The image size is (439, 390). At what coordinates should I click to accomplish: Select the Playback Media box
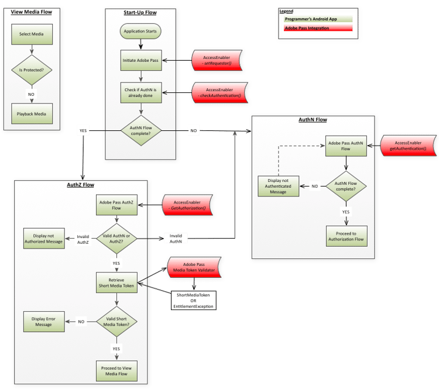(32, 113)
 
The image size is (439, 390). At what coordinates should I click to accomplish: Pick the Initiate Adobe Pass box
(140, 60)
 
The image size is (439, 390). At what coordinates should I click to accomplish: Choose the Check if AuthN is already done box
(140, 92)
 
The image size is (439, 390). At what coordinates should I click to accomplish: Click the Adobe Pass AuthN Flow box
(347, 146)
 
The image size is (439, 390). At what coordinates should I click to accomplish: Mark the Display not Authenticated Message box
(278, 186)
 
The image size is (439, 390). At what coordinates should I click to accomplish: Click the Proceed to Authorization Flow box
(347, 236)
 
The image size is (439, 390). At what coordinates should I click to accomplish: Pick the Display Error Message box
(44, 321)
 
